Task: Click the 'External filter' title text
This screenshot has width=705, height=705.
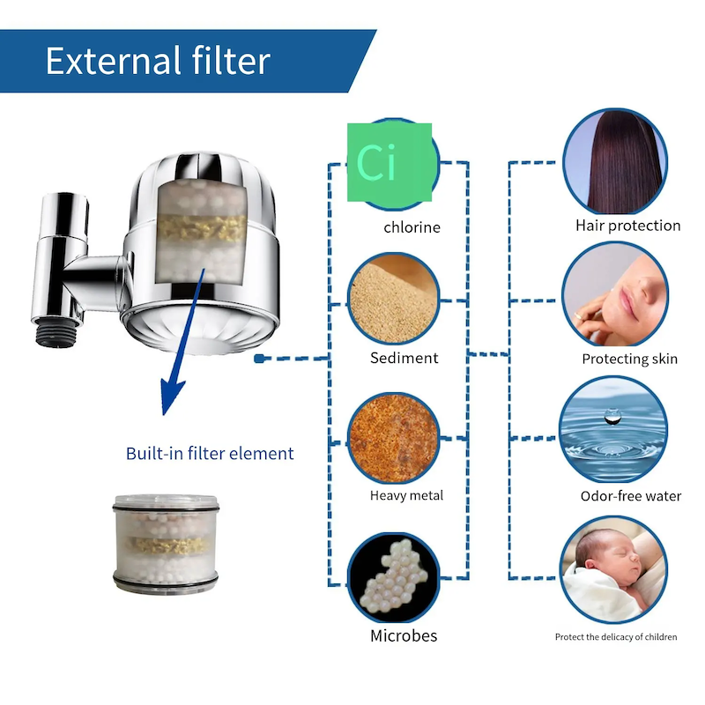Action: coord(158,62)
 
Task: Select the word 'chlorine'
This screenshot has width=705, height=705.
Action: coord(412,227)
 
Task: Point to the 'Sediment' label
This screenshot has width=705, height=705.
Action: coord(404,358)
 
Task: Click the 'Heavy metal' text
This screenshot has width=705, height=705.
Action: coord(406,495)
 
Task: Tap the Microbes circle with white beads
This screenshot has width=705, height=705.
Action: coord(394,575)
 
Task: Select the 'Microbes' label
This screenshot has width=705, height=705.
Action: coord(404,635)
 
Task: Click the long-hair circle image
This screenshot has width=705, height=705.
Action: coord(615,162)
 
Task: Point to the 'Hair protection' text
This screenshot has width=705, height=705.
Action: coord(627,226)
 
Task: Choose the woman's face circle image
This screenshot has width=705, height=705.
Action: coord(615,295)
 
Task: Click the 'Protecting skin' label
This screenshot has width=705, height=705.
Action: coord(629,359)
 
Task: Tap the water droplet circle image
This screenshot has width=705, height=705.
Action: coord(615,429)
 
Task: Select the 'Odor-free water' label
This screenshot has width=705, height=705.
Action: coord(630,496)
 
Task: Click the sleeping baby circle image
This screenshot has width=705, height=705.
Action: coord(615,568)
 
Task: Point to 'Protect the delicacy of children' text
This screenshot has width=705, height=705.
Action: coord(616,636)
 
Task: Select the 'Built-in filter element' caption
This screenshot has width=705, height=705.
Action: coord(210,454)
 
